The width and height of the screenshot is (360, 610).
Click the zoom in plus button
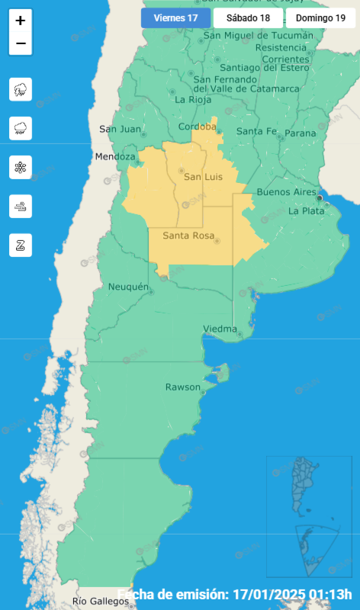(x=21, y=21)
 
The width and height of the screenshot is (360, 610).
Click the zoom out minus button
(x=21, y=43)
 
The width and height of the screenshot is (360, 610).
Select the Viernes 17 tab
(x=175, y=18)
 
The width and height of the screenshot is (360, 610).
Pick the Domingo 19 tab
(x=320, y=18)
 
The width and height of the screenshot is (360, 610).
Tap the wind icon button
(x=21, y=205)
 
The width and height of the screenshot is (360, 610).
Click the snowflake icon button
(x=21, y=167)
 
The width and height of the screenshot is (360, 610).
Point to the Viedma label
(x=220, y=329)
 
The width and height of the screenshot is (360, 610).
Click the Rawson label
(x=183, y=387)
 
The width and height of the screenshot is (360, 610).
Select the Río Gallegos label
(x=101, y=602)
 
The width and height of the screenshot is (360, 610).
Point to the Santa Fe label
(x=256, y=131)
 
